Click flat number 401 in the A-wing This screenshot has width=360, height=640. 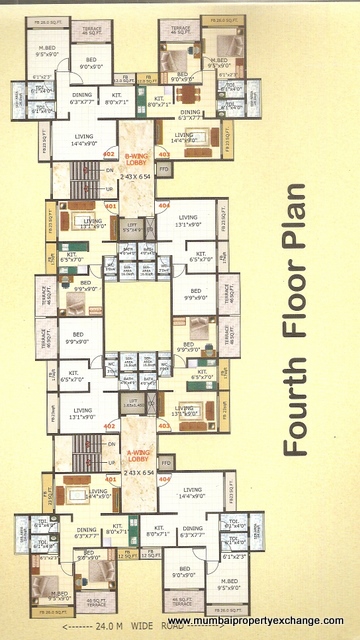pyautogui.click(x=110, y=479)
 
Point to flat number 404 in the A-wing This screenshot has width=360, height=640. pyautogui.click(x=165, y=479)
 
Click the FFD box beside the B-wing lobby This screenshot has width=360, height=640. pyautogui.click(x=165, y=170)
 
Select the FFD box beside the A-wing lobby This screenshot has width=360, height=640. pyautogui.click(x=165, y=464)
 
